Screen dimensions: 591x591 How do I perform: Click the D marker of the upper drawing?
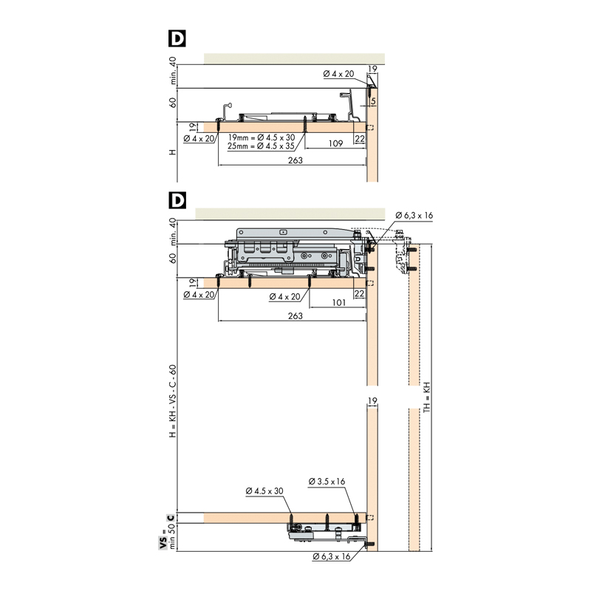(x=177, y=38)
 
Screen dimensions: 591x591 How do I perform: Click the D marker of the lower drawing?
(x=177, y=200)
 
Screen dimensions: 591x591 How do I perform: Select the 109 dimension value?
(x=335, y=143)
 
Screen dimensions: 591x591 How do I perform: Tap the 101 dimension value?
(x=339, y=302)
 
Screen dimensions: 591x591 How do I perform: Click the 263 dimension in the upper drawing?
(x=295, y=160)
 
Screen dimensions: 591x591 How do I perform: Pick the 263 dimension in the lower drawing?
(x=295, y=316)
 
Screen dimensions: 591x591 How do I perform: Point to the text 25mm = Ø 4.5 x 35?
(x=261, y=146)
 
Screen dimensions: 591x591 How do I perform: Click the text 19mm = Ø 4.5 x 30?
(x=262, y=137)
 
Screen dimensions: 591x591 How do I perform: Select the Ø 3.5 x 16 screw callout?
(x=327, y=482)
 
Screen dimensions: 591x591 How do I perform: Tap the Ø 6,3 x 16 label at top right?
(x=414, y=215)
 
